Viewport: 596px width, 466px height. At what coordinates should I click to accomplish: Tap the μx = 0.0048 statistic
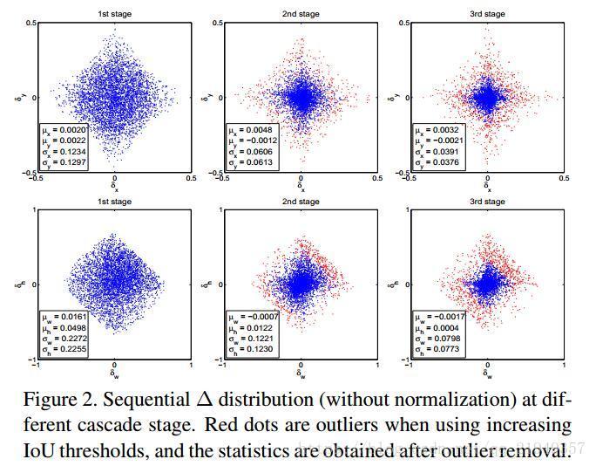252,130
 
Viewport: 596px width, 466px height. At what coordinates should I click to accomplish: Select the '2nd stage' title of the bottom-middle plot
301,201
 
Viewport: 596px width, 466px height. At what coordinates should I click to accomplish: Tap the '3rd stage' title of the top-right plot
487,14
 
